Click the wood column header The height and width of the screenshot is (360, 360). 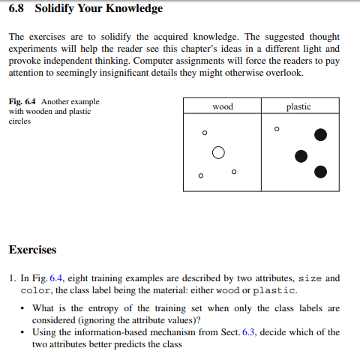(223, 106)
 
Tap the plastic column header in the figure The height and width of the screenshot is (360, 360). (298, 106)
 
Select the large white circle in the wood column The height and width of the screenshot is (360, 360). (218, 152)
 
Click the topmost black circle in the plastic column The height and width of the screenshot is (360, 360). (321, 135)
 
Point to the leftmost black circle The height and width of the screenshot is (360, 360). (301, 156)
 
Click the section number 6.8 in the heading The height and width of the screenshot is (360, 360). (18, 9)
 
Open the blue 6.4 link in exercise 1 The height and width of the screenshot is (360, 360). (56, 278)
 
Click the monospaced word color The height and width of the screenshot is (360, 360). (35, 290)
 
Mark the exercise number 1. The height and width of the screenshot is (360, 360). (13, 278)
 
